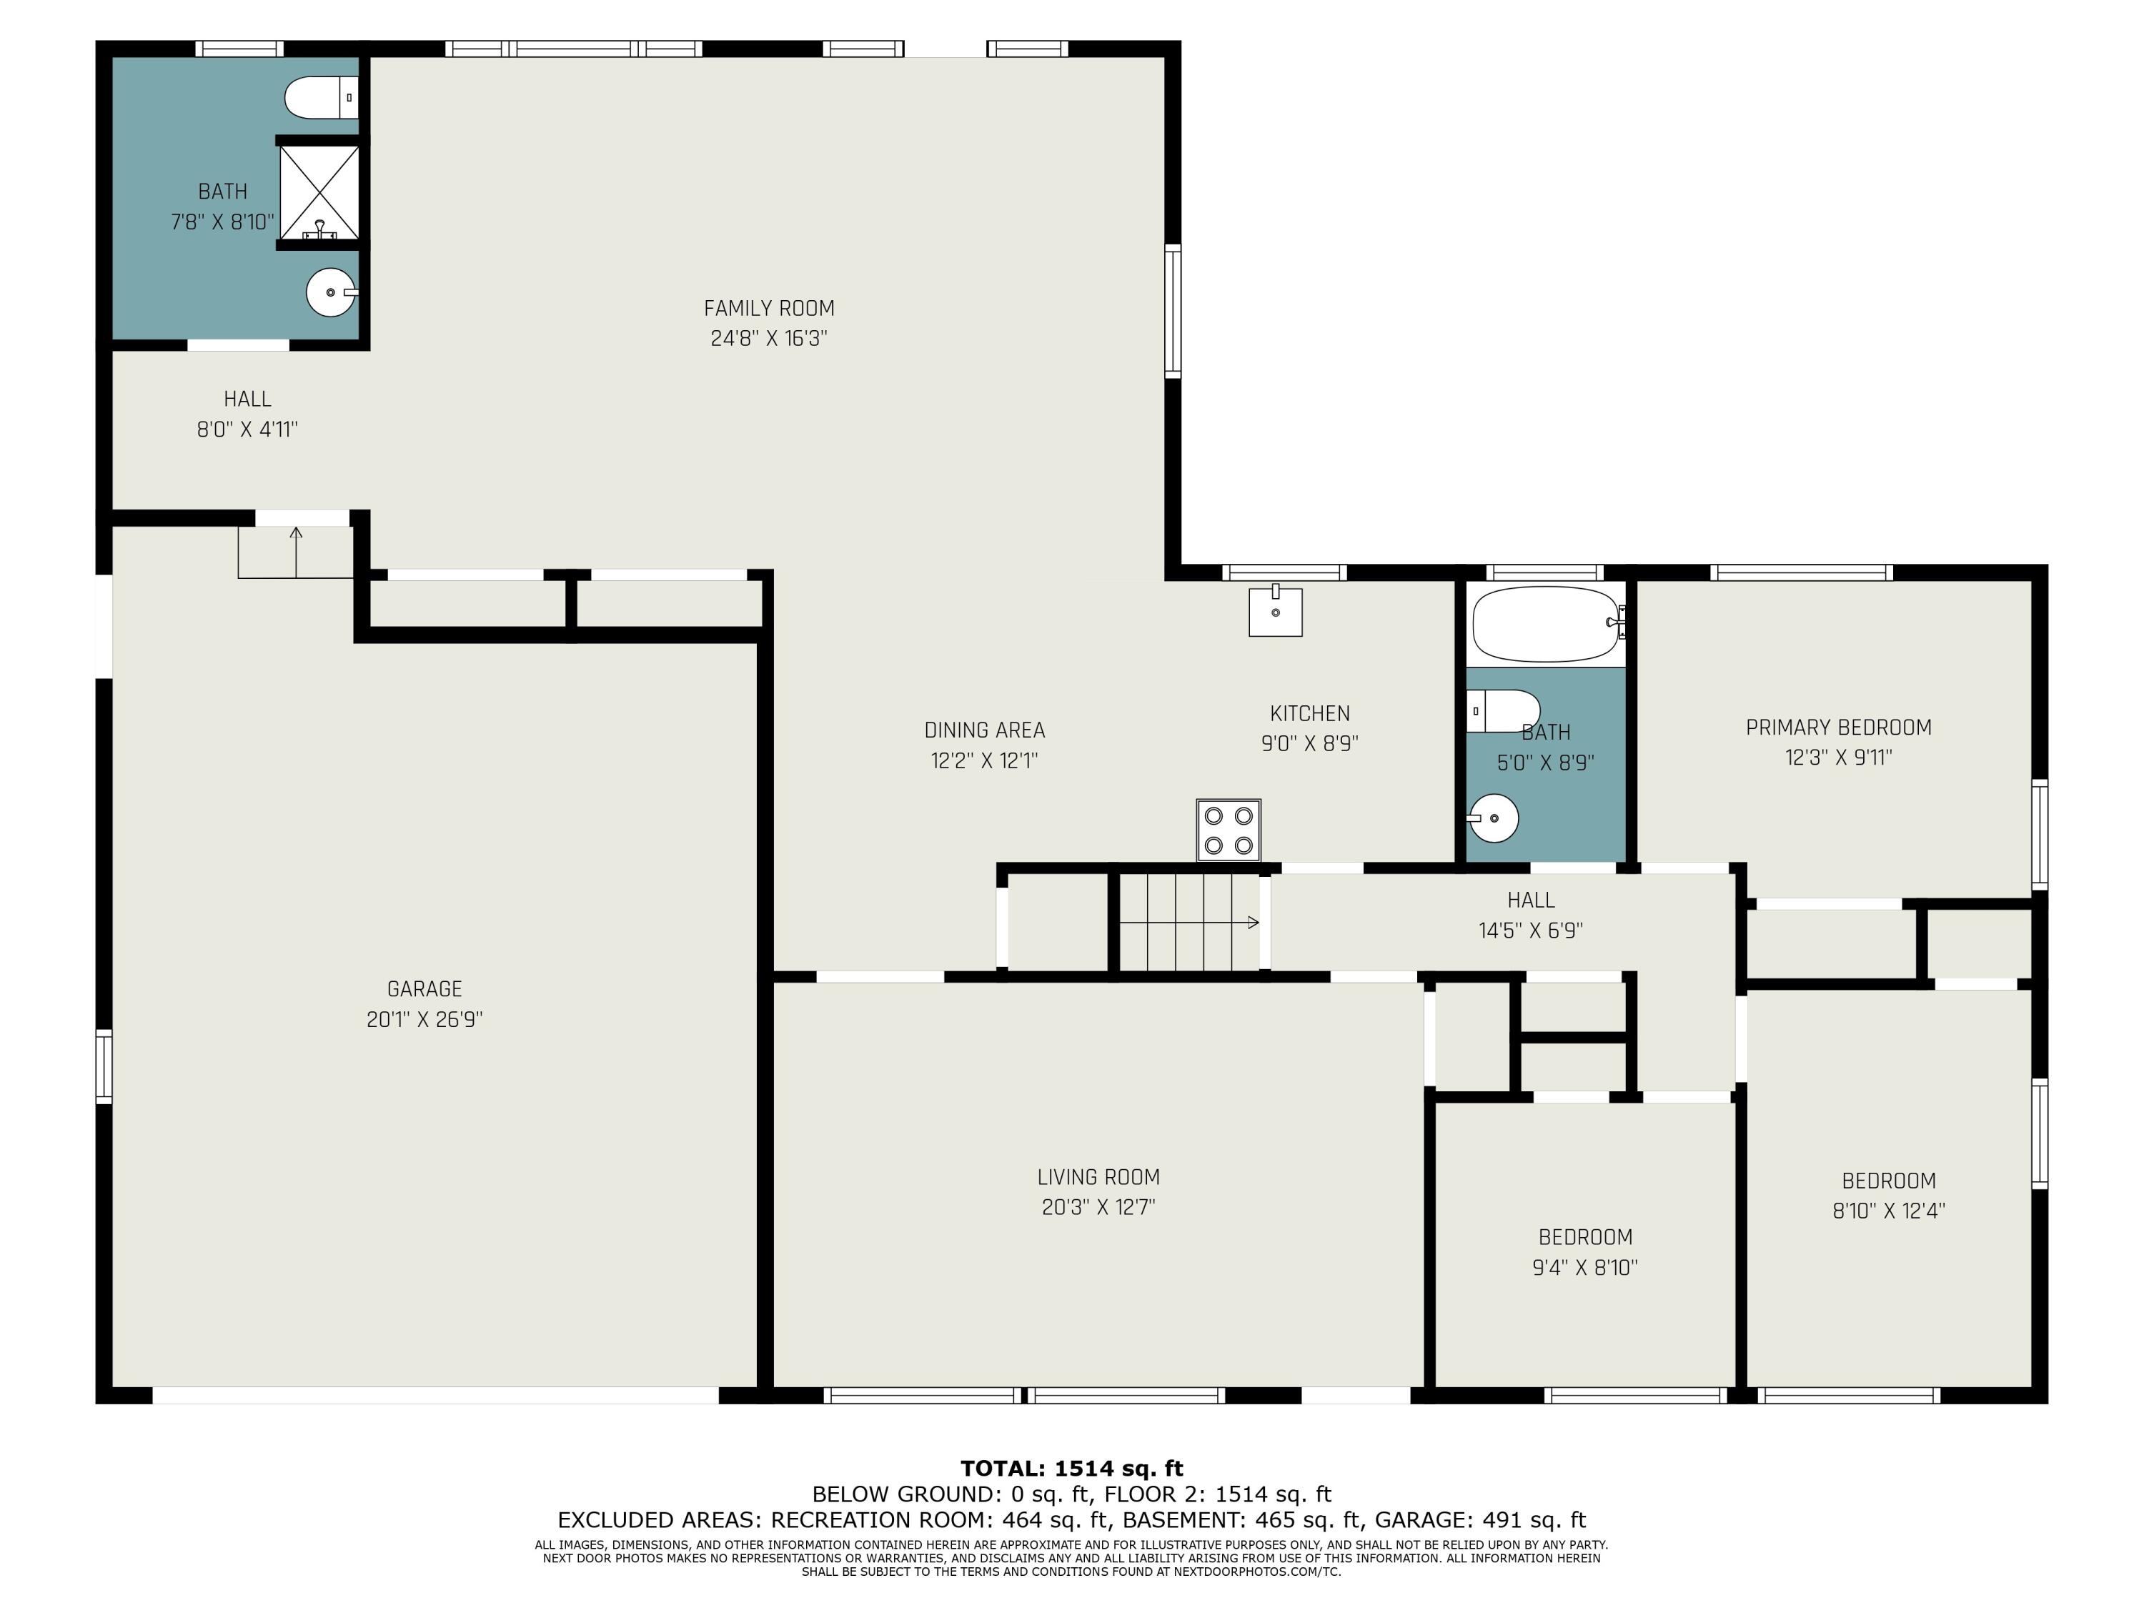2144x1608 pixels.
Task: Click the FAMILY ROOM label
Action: (768, 308)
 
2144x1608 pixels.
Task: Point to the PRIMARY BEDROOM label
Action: (1839, 727)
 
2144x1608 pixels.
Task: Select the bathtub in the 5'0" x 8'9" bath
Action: (1547, 623)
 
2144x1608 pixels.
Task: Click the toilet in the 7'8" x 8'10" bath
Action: (322, 98)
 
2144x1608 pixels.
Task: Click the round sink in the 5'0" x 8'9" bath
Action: (1493, 818)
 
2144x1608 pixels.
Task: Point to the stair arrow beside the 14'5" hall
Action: (1189, 923)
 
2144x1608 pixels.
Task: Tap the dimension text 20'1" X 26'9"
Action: (425, 1020)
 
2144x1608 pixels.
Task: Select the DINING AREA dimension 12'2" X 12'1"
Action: (985, 761)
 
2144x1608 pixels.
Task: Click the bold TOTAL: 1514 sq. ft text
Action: (1072, 1469)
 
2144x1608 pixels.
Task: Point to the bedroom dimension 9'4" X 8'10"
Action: (1584, 1268)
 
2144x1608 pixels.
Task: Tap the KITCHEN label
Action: (1309, 713)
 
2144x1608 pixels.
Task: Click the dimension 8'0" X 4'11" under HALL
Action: (247, 430)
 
